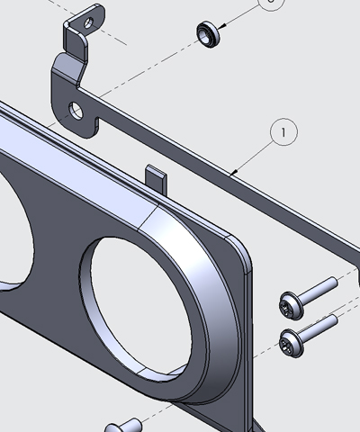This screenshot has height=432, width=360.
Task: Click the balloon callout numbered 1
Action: [x=283, y=132]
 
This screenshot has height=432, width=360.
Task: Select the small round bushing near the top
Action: [x=209, y=35]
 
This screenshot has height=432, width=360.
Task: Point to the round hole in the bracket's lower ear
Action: [x=76, y=112]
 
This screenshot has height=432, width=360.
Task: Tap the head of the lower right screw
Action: [x=291, y=340]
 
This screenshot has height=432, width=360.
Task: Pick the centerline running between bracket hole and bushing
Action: [x=144, y=72]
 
